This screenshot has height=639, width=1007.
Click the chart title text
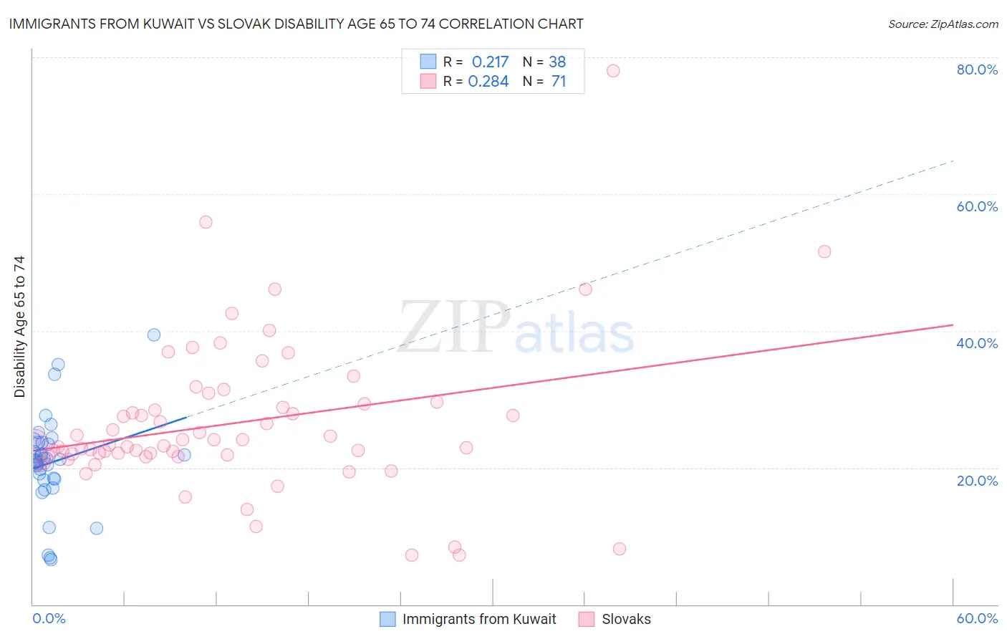click(296, 24)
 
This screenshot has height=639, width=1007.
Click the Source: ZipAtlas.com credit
click(943, 24)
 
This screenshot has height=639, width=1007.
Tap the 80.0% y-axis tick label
click(977, 69)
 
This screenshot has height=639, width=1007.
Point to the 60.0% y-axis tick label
click(977, 206)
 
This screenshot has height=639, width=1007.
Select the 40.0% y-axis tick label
click(977, 343)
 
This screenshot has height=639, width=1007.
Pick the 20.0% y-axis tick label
click(977, 480)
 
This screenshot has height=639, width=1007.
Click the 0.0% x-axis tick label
click(49, 618)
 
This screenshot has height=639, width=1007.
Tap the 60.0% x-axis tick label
click(977, 618)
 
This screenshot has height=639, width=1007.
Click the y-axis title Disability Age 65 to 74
click(19, 326)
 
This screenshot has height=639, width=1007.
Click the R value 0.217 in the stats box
click(490, 62)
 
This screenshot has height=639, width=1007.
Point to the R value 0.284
click(488, 82)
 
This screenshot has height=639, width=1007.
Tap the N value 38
click(557, 62)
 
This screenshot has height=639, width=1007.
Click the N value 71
click(559, 82)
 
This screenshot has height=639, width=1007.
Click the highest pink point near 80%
click(613, 70)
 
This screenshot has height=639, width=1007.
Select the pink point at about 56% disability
click(206, 222)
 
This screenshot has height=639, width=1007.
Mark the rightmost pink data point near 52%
click(824, 251)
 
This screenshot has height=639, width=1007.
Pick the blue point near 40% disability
click(153, 335)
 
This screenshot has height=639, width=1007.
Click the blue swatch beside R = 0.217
click(428, 62)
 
